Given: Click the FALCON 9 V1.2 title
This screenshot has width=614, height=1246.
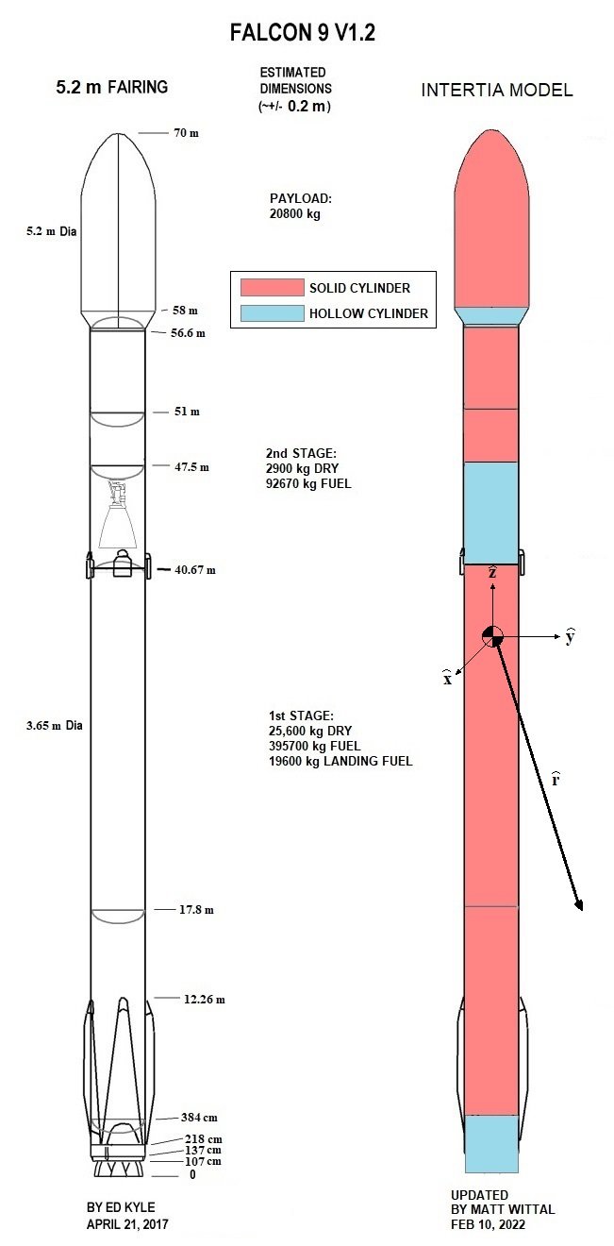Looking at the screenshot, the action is tap(302, 32).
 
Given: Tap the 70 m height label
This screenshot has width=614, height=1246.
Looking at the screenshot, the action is tap(186, 133).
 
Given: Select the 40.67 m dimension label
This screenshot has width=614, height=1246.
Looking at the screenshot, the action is tap(195, 569).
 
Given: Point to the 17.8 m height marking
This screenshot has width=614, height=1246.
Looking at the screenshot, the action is tap(196, 909).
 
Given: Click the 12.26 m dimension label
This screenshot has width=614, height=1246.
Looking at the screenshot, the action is tap(205, 999).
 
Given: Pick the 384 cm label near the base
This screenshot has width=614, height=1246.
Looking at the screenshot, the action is tap(199, 1117).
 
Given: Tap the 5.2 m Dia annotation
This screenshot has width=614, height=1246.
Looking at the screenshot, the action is tap(51, 231).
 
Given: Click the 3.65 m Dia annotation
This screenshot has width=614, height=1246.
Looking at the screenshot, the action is tap(54, 725).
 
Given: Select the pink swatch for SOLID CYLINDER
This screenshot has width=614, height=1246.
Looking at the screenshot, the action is tap(273, 288).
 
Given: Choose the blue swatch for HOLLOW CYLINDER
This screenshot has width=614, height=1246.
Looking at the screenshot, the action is tap(273, 313).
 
